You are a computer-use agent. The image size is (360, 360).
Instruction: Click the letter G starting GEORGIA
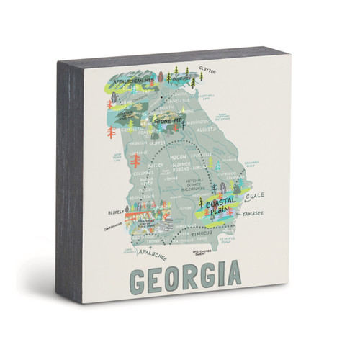tap(136, 276)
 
